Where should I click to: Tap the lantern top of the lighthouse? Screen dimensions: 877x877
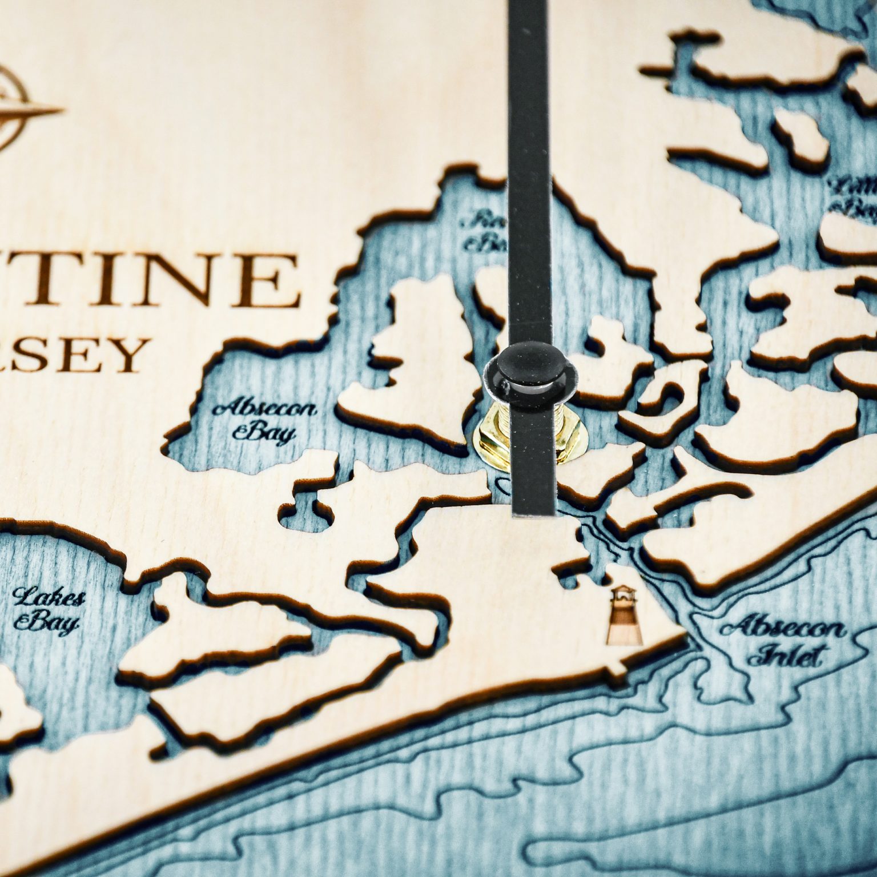(622, 595)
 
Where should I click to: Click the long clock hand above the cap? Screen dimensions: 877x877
(529, 171)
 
